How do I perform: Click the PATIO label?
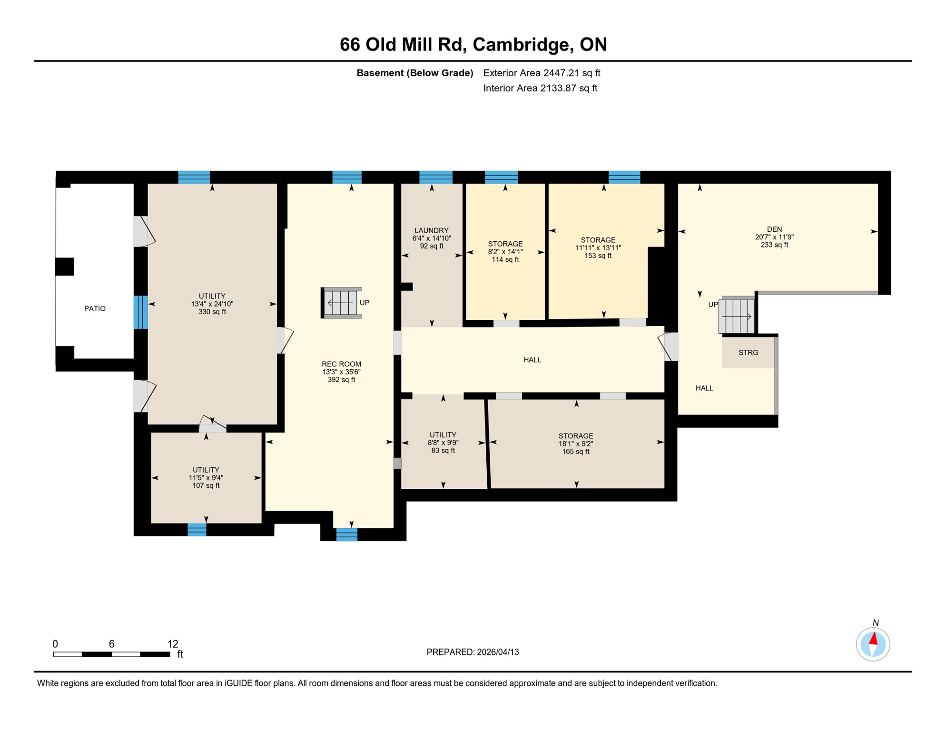point(95,309)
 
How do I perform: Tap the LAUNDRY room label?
point(432,230)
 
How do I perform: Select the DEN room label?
point(774,229)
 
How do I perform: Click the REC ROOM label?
point(341,364)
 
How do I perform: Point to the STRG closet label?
point(748,353)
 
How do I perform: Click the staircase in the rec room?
point(341,303)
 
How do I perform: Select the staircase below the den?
point(737,315)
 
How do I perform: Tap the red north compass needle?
point(874,638)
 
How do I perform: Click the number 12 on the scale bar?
point(173,644)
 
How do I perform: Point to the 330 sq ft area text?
point(212,312)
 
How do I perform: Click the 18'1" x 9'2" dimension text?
point(576,444)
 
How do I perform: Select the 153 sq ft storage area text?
point(598,256)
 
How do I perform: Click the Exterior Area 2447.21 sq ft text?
point(542,73)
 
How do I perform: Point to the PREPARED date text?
point(473,652)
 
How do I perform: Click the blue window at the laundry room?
point(436,177)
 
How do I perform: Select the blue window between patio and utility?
point(140,312)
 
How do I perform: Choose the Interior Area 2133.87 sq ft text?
point(540,88)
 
